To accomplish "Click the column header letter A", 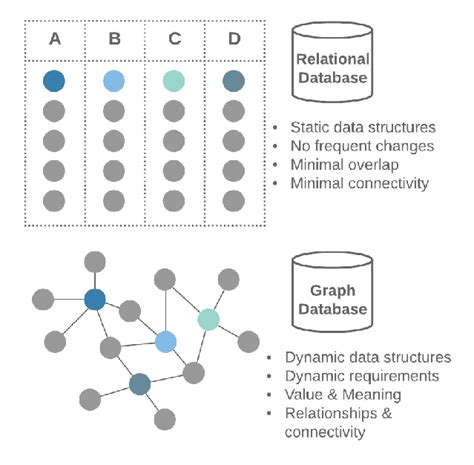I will tap(55, 41).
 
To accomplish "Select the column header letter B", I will tap(115, 41).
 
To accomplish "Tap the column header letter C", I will tap(175, 41).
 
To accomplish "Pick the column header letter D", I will tap(233, 41).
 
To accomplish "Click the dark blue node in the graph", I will tap(95, 299).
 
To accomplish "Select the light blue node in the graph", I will tap(166, 342).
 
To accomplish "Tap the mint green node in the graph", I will tap(208, 319).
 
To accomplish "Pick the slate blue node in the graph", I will tap(139, 384).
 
